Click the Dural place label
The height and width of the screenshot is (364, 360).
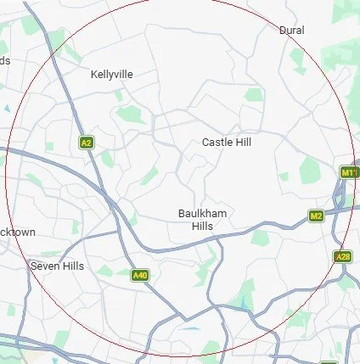point(291,30)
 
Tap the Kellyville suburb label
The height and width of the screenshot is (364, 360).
point(111,75)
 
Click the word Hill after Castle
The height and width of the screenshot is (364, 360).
point(244,143)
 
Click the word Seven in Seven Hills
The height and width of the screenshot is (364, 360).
point(43,266)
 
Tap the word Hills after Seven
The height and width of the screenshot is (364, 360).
point(70,266)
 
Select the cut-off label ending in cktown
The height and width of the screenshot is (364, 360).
point(17,232)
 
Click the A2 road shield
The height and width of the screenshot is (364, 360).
point(86,143)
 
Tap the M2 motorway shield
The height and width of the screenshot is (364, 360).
point(316,216)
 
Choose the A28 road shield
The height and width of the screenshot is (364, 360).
point(343,256)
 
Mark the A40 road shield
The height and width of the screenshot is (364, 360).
point(140,275)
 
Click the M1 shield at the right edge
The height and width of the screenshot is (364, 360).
point(349,172)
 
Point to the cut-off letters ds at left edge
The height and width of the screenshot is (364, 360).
point(5,60)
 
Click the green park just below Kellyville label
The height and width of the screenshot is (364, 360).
point(132,114)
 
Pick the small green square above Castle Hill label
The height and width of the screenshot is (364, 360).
point(253,95)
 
